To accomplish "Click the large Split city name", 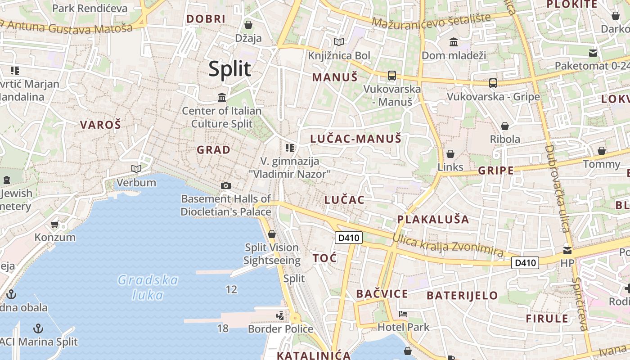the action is pyautogui.click(x=229, y=69).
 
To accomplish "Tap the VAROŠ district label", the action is pyautogui.click(x=100, y=125).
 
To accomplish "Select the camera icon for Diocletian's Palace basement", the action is pyautogui.click(x=226, y=185).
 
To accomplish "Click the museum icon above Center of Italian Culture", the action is pyautogui.click(x=221, y=98).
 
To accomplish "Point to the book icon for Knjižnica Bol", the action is pyautogui.click(x=338, y=42).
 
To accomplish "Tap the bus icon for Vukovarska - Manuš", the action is pyautogui.click(x=392, y=76).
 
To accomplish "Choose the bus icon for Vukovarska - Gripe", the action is pyautogui.click(x=493, y=83).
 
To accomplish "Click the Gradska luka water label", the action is pyautogui.click(x=148, y=287).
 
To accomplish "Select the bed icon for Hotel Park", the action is pyautogui.click(x=403, y=314).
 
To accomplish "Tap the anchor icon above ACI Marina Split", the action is pyautogui.click(x=38, y=328).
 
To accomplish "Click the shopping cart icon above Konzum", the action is pyautogui.click(x=55, y=224).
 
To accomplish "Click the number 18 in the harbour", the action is pyautogui.click(x=223, y=328).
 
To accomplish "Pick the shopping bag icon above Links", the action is pyautogui.click(x=450, y=154).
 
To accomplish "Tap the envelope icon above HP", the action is pyautogui.click(x=567, y=250).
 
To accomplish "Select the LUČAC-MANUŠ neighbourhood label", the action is pyautogui.click(x=355, y=139).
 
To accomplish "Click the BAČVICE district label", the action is pyautogui.click(x=382, y=294).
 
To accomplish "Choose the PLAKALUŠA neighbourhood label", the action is pyautogui.click(x=433, y=220).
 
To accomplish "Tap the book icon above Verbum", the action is pyautogui.click(x=136, y=169).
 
